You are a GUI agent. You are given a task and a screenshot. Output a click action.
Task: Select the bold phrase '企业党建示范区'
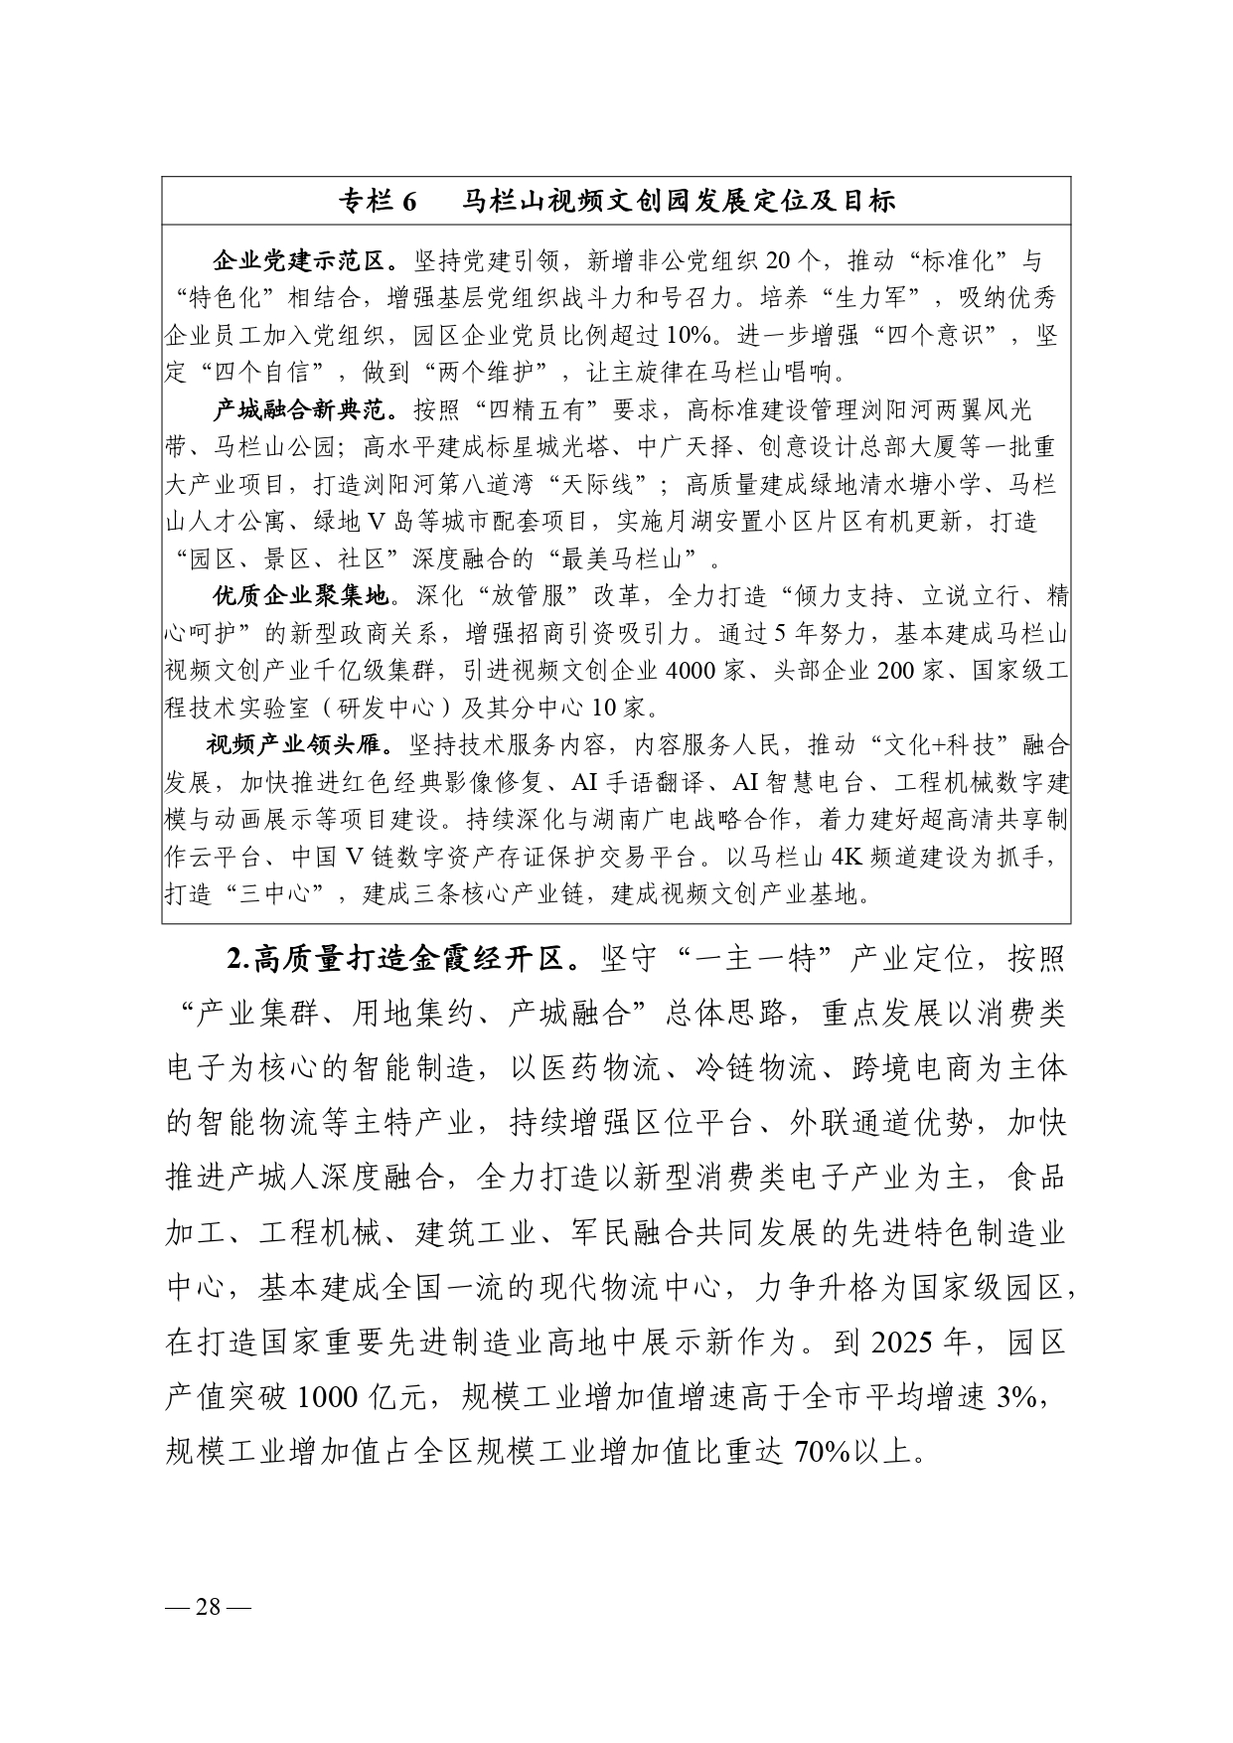point(297,262)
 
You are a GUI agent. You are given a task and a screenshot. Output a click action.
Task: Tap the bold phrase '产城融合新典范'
point(297,410)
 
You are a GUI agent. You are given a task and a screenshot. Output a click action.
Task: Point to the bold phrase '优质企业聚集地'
point(297,596)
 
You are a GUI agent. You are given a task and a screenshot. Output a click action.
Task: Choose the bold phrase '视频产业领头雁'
point(294,745)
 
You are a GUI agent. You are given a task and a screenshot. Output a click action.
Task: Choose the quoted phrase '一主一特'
point(753,961)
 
